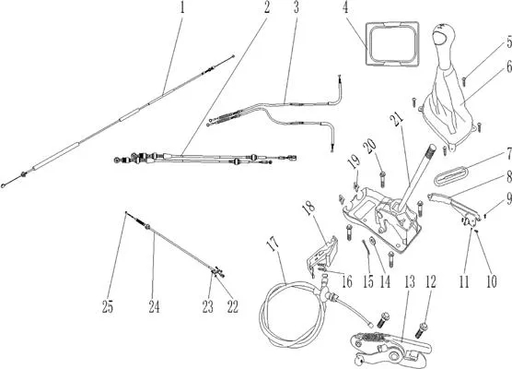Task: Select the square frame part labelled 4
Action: click(392, 43)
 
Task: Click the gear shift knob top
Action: click(444, 34)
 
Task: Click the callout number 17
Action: click(273, 243)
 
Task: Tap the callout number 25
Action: click(108, 307)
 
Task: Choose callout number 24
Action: click(154, 307)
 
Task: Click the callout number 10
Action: click(492, 281)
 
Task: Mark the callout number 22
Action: click(232, 307)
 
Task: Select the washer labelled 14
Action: click(372, 241)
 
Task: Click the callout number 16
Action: click(347, 281)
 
